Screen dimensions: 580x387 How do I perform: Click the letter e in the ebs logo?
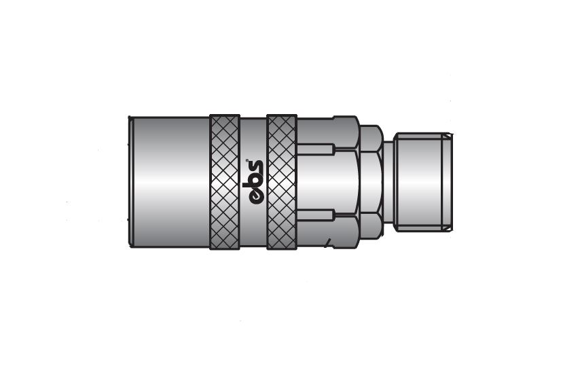pyautogui.click(x=255, y=197)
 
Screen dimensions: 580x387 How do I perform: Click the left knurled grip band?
pyautogui.click(x=225, y=182)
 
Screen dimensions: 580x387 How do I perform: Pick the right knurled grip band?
pyautogui.click(x=281, y=182)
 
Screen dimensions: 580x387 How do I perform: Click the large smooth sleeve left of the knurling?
pyautogui.click(x=170, y=182)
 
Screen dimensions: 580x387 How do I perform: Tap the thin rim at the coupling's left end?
pyautogui.click(x=130, y=181)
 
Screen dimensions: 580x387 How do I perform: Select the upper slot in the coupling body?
pyautogui.click(x=316, y=149)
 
